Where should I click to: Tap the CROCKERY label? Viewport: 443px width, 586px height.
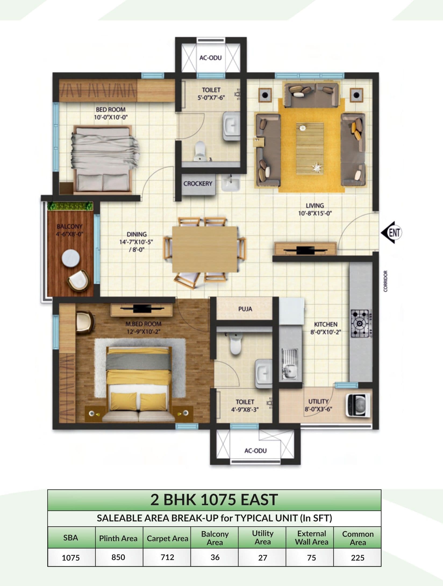point(198,183)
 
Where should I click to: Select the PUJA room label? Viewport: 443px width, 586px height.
point(245,309)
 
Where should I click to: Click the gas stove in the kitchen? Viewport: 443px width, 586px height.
point(360,324)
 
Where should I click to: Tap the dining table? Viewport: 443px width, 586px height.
point(205,249)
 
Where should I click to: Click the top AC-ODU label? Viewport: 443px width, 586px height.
point(210,58)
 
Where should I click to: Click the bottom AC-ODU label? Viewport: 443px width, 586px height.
point(255,450)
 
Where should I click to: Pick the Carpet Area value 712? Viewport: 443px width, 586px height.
point(167,557)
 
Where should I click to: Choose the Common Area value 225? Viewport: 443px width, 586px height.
point(358,557)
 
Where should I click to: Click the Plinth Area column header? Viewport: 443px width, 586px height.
point(118,538)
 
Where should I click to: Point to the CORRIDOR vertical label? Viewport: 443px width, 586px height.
point(386,281)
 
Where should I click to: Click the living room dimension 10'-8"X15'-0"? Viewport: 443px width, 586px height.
point(315,214)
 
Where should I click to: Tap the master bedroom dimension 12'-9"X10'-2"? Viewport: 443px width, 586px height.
point(143,332)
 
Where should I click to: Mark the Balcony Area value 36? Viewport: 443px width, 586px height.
point(215,557)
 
